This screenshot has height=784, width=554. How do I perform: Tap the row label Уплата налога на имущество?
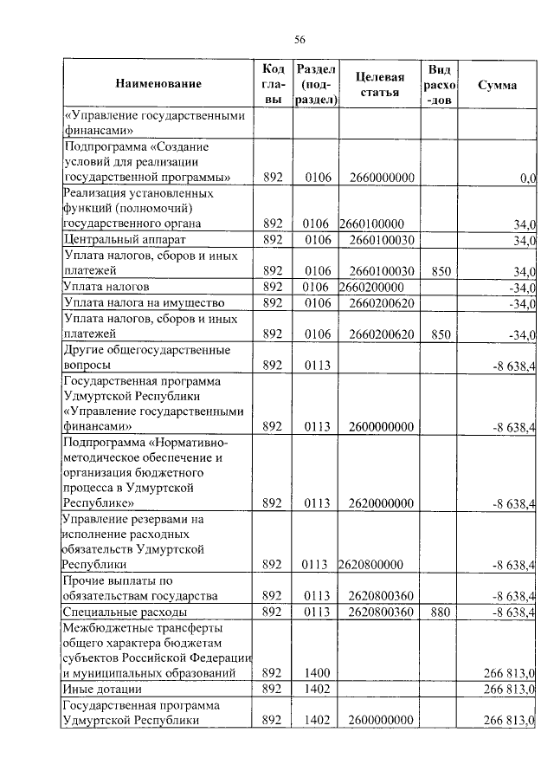(145, 303)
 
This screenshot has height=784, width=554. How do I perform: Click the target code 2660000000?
(383, 178)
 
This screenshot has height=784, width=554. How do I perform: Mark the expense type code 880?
(441, 612)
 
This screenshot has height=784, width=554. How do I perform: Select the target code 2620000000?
(383, 503)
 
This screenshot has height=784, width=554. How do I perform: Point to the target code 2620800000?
(371, 566)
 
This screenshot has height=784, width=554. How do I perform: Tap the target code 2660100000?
(371, 224)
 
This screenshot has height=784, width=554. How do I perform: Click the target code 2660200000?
(371, 287)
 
